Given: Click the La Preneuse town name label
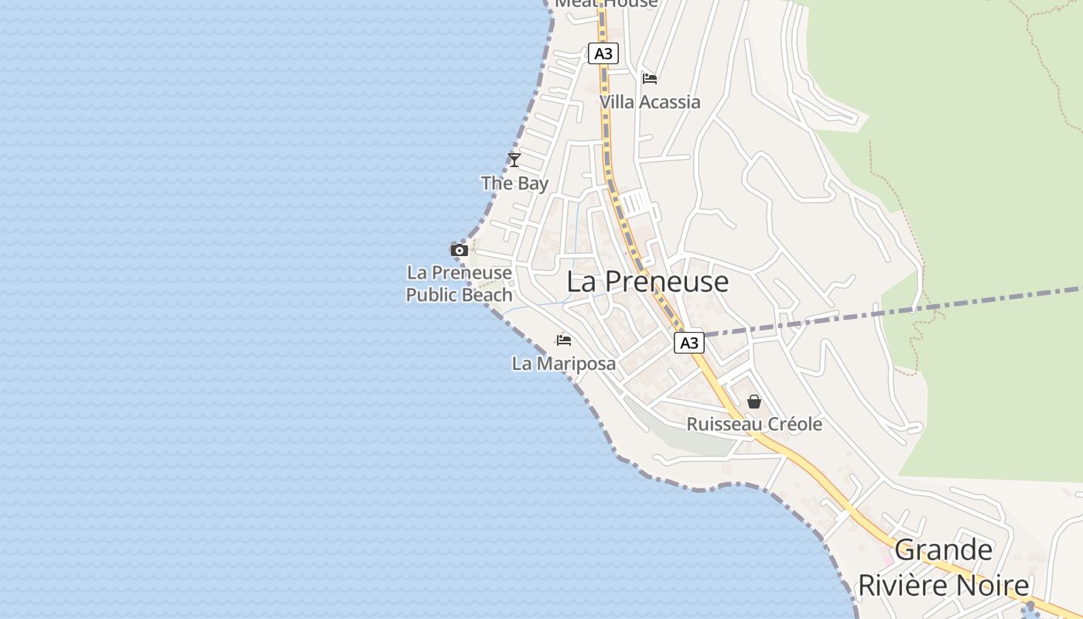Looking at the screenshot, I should [647, 282].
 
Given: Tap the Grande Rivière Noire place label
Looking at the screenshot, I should [944, 568].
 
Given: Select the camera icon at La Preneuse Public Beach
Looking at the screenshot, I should [460, 250].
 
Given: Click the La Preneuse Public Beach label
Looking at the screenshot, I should [460, 284].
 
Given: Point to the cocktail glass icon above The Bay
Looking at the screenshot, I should [514, 160].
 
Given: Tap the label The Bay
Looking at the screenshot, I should [514, 183].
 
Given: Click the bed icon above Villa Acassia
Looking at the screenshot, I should [650, 79].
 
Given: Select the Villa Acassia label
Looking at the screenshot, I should [650, 102].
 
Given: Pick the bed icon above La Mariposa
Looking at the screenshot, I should [564, 340].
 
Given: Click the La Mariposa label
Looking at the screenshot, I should [564, 363].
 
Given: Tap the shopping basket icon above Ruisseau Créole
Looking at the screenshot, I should [754, 402].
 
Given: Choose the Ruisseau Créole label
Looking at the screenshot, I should [754, 424].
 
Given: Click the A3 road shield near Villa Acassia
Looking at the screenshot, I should [603, 53].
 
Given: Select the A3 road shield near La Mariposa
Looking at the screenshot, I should [688, 343].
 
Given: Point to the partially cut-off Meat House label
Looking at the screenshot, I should [606, 4].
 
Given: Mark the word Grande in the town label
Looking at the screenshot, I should [944, 550].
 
